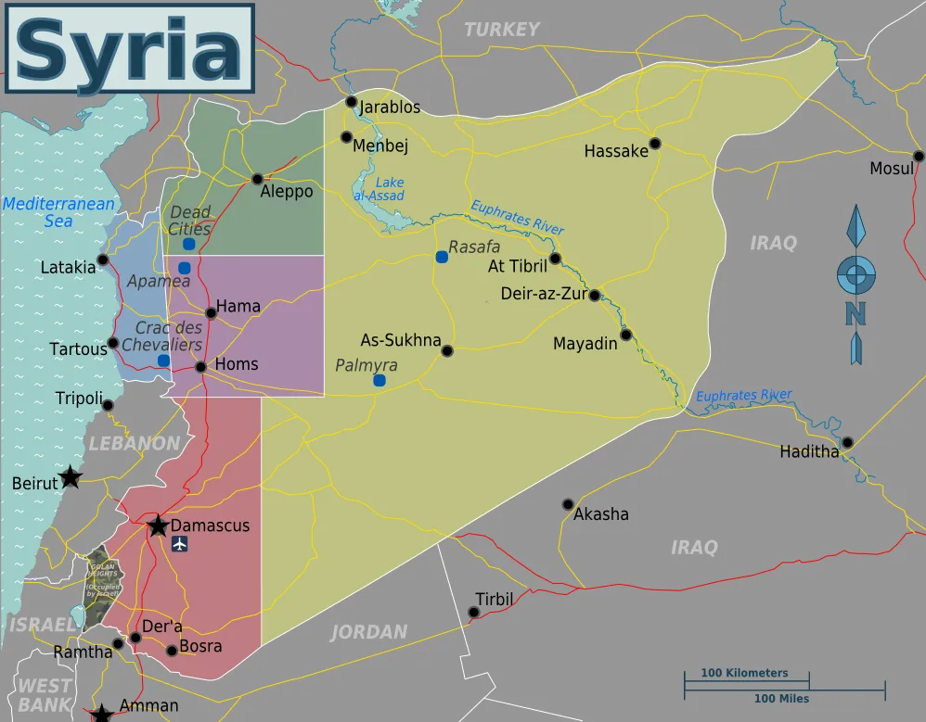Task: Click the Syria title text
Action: tap(129, 52)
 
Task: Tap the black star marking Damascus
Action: tap(158, 526)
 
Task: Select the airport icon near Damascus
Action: tap(180, 543)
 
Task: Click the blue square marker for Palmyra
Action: tap(379, 380)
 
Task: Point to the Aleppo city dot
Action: tap(257, 179)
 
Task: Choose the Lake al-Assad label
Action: tap(379, 190)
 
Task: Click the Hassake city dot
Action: tap(655, 143)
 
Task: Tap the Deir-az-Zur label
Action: tap(543, 295)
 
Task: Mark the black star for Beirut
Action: tap(71, 478)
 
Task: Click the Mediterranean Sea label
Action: tap(58, 212)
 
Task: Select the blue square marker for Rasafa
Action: tap(442, 257)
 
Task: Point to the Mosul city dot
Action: tap(918, 156)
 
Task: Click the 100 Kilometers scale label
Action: tap(744, 673)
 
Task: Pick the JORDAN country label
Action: tap(369, 632)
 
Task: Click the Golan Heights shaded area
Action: tap(100, 584)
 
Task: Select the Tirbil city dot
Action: tap(474, 612)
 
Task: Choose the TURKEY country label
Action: tap(501, 30)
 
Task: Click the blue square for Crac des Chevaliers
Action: tap(163, 361)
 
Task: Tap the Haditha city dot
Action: tap(847, 442)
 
